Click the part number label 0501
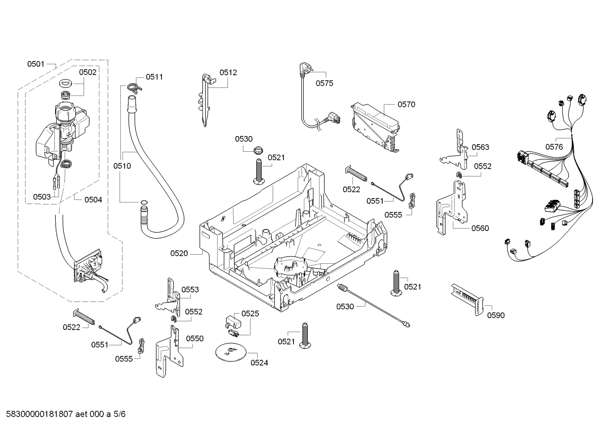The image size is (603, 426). (x=36, y=64)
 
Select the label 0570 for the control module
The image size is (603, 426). (x=406, y=105)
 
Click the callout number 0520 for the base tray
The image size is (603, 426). (x=179, y=253)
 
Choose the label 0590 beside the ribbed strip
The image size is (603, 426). (x=496, y=315)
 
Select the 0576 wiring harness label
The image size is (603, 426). (x=554, y=147)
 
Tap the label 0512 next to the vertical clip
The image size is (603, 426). (x=228, y=72)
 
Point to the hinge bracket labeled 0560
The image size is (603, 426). (x=451, y=205)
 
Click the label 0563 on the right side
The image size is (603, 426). (x=480, y=147)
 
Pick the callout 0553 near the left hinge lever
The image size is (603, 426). (x=190, y=290)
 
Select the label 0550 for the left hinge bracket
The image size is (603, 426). (x=194, y=339)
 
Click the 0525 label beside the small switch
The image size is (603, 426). (x=250, y=314)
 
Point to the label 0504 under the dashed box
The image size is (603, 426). (x=93, y=200)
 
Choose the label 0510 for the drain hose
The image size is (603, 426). (x=122, y=166)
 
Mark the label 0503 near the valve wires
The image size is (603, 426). (x=42, y=197)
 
